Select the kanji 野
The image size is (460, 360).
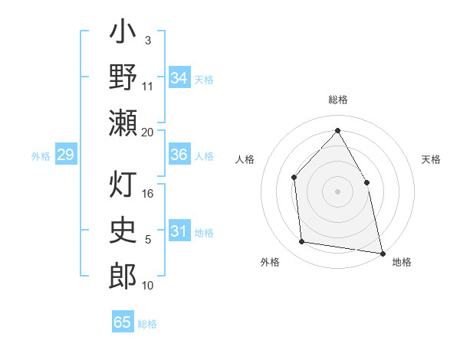[x=123, y=77]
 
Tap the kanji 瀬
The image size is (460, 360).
[x=123, y=123]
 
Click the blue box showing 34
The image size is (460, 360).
[x=179, y=78]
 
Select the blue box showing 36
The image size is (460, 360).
[x=179, y=155]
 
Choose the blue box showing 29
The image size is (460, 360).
[x=65, y=155]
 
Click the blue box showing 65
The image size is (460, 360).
[x=123, y=323]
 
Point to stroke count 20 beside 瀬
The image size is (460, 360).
[x=148, y=133]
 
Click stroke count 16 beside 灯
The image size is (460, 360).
[x=148, y=194]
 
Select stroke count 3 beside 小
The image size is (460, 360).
[x=148, y=39]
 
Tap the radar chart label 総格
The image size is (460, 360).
[x=337, y=100]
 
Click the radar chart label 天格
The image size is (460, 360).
[x=432, y=159]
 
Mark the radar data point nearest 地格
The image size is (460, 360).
[x=382, y=253]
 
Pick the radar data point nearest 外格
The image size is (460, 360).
[x=302, y=242]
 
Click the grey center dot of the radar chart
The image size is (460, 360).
[x=337, y=191]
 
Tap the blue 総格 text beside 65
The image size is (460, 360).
[x=148, y=324]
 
